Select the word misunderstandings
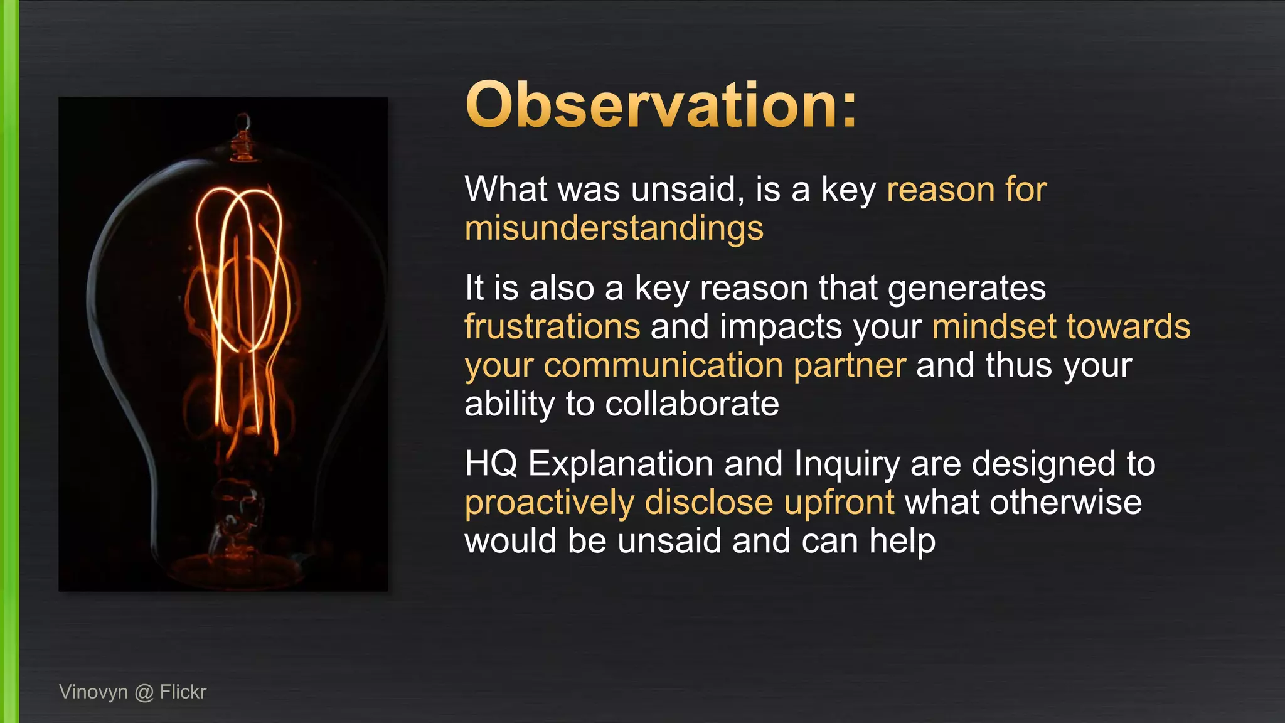[614, 228]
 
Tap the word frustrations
[552, 327]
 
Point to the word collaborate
[691, 404]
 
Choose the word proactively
[550, 503]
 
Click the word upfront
[839, 503]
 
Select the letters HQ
[491, 464]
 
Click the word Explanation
[621, 465]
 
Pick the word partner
[850, 366]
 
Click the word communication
[663, 366]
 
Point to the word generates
[966, 289]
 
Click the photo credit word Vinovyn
[93, 692]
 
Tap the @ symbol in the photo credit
[144, 692]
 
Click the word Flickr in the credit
[183, 692]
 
